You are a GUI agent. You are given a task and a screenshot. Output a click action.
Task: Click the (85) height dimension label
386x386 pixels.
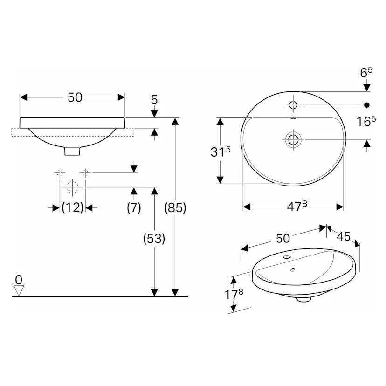point(176,208)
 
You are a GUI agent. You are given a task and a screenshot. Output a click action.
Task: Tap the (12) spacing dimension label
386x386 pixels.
point(72,207)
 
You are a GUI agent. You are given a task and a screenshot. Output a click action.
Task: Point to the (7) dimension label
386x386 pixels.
point(134,207)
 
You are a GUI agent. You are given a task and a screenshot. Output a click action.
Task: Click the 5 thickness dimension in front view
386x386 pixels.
point(154,99)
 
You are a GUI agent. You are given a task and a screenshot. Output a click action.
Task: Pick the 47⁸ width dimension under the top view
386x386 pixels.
point(293,206)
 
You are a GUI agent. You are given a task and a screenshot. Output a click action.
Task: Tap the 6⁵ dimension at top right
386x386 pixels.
point(366,72)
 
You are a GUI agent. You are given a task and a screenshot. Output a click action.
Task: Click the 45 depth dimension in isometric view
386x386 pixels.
point(344,236)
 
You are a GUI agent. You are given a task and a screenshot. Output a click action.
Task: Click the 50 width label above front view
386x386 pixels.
point(75,97)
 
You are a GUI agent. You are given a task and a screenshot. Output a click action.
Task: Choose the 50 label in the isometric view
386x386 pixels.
point(283,238)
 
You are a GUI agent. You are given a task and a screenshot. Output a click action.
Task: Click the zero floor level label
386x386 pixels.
point(18,279)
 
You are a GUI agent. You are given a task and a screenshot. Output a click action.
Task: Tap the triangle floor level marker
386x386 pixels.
point(18,290)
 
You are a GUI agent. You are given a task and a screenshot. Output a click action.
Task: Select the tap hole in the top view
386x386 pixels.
point(293,104)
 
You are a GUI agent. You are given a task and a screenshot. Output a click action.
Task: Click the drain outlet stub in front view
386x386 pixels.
point(72,151)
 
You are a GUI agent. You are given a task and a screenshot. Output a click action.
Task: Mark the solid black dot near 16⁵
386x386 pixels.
point(367,104)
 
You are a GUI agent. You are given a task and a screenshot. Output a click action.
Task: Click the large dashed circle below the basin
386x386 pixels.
point(72,187)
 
